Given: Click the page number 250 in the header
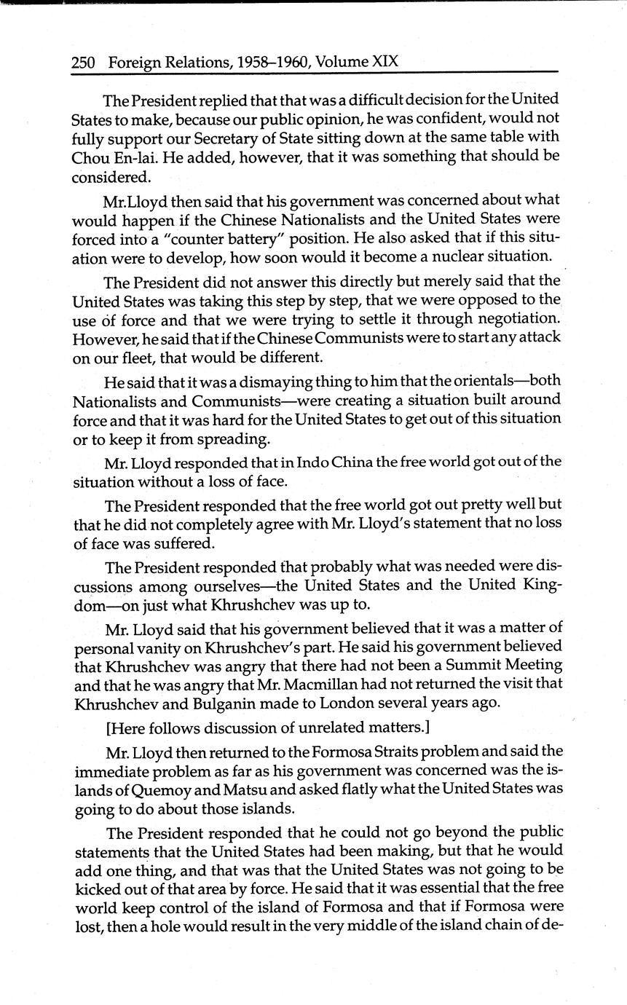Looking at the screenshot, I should click(x=83, y=63).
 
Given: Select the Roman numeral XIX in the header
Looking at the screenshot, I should click(x=385, y=62).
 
